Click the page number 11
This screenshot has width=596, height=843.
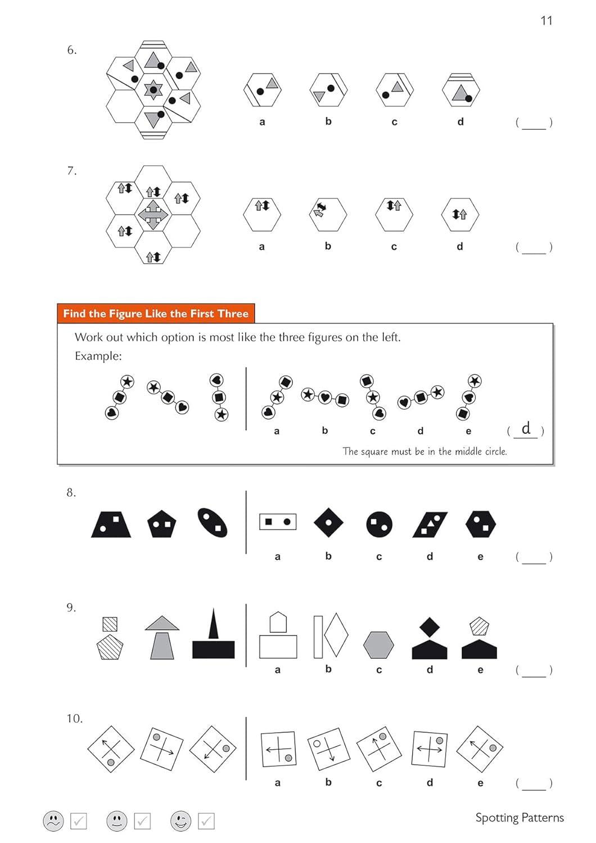(x=546, y=21)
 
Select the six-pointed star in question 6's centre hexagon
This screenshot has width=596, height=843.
(x=153, y=90)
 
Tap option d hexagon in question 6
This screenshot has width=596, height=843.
(x=460, y=90)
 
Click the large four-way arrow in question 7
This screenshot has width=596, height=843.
(x=153, y=215)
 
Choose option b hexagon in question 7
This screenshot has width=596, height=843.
(x=328, y=214)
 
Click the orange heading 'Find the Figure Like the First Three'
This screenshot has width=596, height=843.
(x=156, y=314)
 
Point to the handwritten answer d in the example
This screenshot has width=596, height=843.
(x=526, y=429)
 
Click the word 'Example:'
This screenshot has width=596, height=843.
(x=98, y=356)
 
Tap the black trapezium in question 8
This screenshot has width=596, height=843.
(x=111, y=524)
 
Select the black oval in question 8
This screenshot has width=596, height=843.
(x=213, y=523)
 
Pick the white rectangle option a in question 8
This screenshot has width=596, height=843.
(x=277, y=522)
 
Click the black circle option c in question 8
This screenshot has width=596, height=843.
(x=379, y=524)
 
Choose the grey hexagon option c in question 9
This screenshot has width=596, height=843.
(x=378, y=645)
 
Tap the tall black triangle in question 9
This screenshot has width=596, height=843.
(x=213, y=624)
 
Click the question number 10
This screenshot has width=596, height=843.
(x=74, y=719)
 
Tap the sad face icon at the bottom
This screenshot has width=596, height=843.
(x=53, y=821)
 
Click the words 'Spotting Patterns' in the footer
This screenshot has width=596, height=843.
(x=519, y=818)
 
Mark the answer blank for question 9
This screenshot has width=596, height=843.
(x=534, y=670)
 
